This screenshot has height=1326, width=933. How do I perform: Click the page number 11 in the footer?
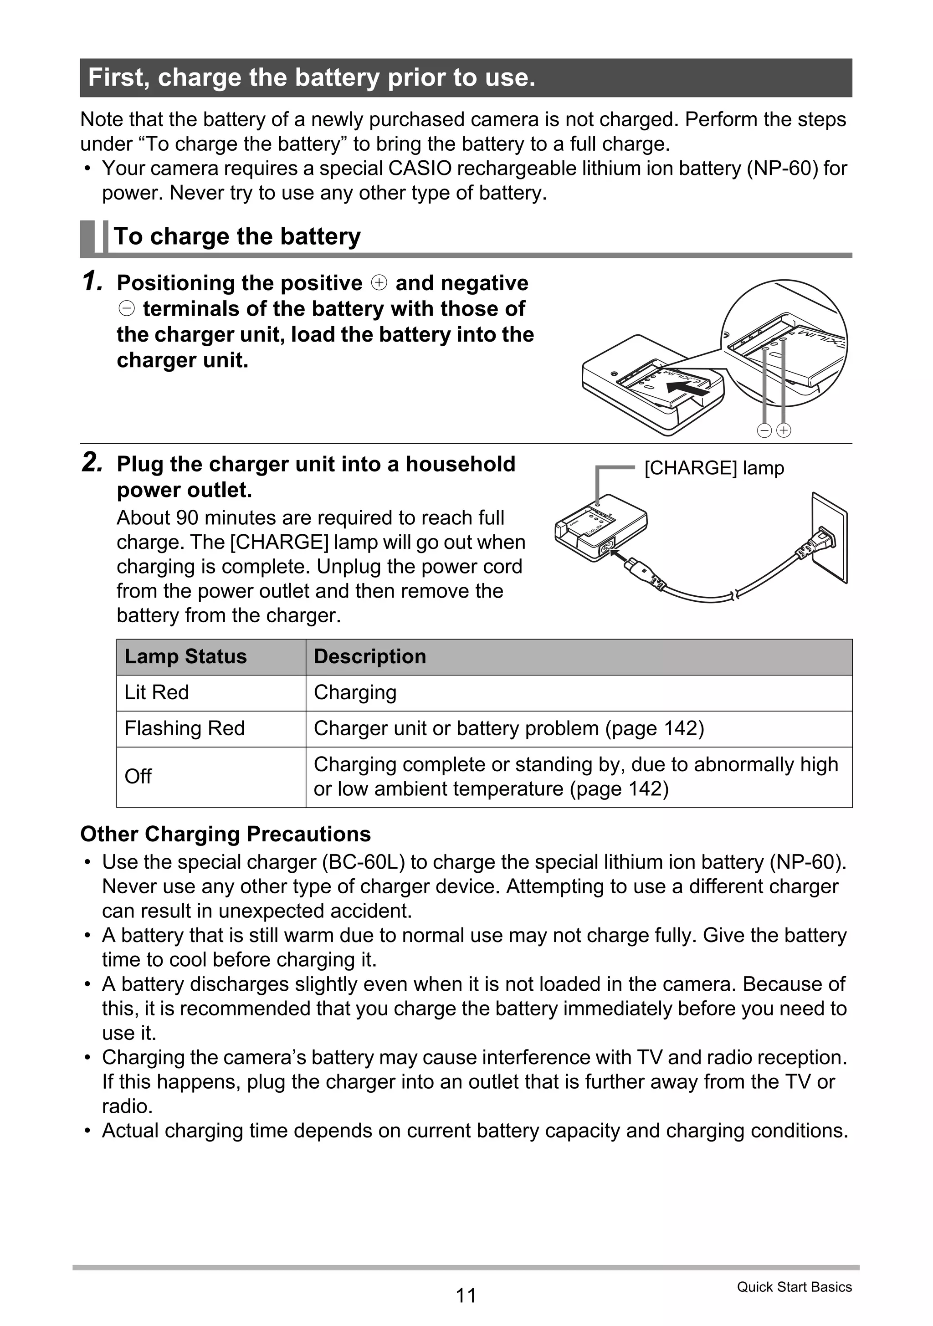tap(466, 1295)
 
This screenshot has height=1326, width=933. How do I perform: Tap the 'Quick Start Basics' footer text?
tap(794, 1287)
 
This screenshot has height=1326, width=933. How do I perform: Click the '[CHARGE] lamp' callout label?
tap(714, 468)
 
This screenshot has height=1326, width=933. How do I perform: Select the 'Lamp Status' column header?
tap(185, 657)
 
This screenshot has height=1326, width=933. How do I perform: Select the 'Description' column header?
tap(370, 657)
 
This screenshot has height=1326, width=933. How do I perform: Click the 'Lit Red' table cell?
tap(157, 692)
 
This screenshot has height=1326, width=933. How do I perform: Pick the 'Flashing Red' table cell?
tap(185, 728)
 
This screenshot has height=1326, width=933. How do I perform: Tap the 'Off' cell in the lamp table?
tap(138, 777)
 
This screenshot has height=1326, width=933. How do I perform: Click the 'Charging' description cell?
tap(355, 692)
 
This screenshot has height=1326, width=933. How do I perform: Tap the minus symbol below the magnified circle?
tap(764, 430)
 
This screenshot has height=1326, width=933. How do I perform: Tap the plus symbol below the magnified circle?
tap(784, 430)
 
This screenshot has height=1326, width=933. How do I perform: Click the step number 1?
tap(92, 282)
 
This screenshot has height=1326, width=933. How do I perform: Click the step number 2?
tap(92, 463)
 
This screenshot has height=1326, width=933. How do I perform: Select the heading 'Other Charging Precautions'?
tap(226, 834)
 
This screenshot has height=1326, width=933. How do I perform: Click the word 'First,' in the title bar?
tap(118, 77)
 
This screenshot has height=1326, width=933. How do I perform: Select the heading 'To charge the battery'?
tap(237, 236)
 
